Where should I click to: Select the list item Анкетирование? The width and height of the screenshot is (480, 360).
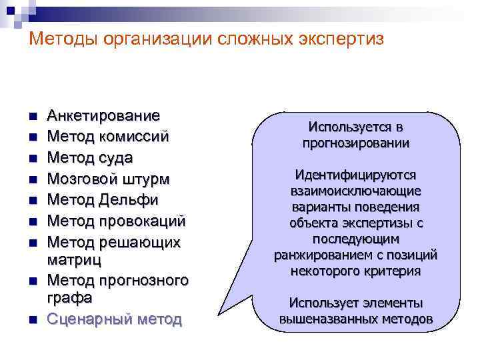[x=103, y=116]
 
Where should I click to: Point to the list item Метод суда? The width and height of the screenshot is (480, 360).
[x=89, y=158]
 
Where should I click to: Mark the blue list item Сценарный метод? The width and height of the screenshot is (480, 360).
[x=114, y=319]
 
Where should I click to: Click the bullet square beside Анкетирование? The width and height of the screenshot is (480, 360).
[x=32, y=117]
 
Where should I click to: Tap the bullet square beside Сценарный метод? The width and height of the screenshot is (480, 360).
[x=32, y=321]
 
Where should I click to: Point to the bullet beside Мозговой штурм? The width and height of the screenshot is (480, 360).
[x=32, y=180]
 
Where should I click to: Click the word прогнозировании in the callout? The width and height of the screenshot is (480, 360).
[x=355, y=143]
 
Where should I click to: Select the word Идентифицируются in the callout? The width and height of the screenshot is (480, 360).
[x=355, y=175]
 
